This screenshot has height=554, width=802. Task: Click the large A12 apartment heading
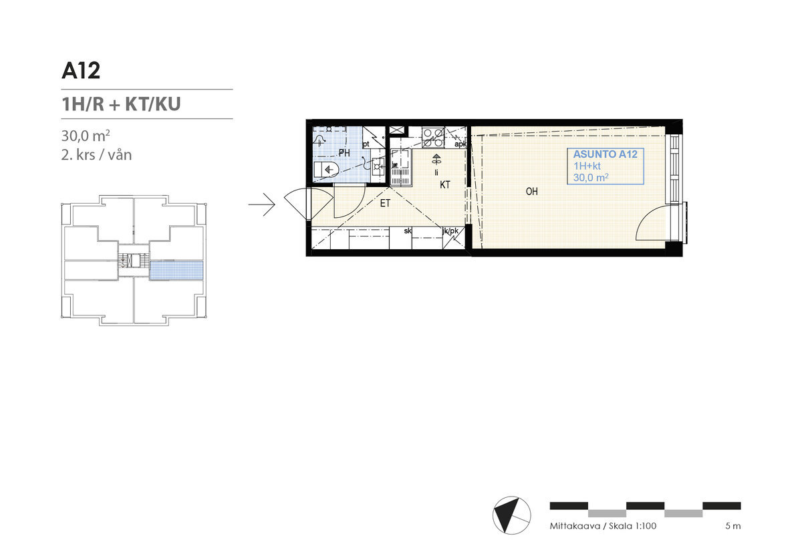tap(81, 71)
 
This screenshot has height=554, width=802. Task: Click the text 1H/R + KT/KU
tap(121, 104)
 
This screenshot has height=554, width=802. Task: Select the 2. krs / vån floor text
tap(96, 155)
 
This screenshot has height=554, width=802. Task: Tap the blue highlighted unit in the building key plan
tap(176, 271)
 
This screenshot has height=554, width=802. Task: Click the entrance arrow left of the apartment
tap(262, 204)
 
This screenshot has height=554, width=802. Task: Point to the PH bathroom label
tap(344, 153)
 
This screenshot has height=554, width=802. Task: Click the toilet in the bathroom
tap(326, 169)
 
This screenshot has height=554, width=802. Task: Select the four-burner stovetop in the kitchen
tap(433, 138)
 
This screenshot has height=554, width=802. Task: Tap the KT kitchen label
tap(444, 185)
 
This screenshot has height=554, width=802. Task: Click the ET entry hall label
tap(385, 203)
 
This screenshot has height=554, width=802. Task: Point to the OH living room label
tap(532, 192)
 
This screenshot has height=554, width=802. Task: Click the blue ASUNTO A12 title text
tap(605, 154)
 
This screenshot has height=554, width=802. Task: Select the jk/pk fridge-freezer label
tap(450, 231)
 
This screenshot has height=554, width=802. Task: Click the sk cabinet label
tap(408, 231)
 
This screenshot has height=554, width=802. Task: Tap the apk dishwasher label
tap(460, 144)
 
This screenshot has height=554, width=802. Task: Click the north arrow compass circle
tap(512, 515)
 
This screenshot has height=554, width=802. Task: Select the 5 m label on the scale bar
tap(733, 526)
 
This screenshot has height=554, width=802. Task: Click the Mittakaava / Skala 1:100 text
tap(603, 526)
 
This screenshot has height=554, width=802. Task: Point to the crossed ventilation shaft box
tap(397, 130)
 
